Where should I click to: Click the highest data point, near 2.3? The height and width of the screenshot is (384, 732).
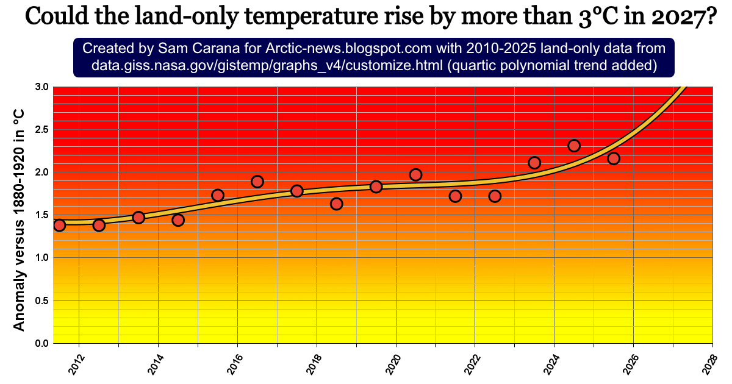574,146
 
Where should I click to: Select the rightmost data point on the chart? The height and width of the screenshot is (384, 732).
614,158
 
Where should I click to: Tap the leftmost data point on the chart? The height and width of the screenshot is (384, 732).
59,226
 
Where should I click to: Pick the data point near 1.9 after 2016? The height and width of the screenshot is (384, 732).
257,182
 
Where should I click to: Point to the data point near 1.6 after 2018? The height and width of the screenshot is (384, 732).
337,204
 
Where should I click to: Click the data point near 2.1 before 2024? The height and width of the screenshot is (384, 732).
534,163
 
